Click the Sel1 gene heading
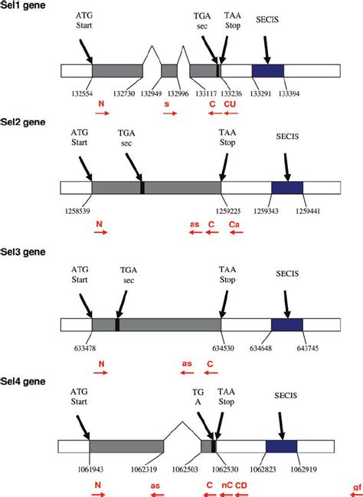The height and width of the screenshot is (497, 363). tap(23, 5)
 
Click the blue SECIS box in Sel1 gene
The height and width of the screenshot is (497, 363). tap(268, 71)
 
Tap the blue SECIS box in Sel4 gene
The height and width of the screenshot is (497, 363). tap(281, 446)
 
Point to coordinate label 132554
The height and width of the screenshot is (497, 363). tap(74, 93)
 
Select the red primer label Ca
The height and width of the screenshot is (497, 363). tap(235, 225)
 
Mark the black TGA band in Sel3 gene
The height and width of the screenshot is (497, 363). tap(117, 324)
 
